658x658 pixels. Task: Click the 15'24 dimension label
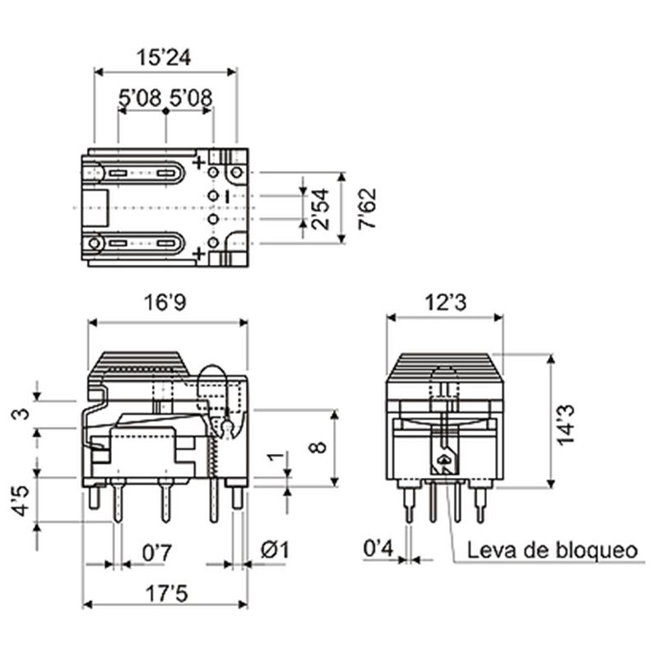point(164,58)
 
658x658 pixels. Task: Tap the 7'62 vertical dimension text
point(367,209)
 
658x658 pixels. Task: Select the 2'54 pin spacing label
point(320,209)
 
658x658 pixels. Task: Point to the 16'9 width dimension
point(165,302)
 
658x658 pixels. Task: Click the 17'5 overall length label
point(167,594)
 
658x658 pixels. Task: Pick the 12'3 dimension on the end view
point(446,302)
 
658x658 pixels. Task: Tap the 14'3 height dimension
point(565,424)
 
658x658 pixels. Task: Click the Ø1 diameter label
point(275,550)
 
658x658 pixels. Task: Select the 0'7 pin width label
point(157,553)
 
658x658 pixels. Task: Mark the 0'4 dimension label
point(378,549)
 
